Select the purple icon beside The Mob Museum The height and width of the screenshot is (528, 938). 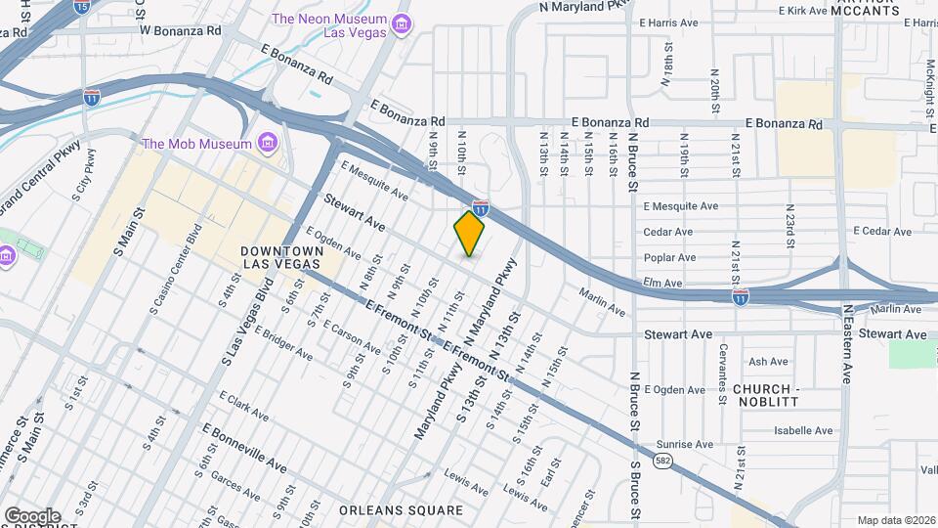[266, 145]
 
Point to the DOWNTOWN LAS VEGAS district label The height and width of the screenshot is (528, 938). [281, 258]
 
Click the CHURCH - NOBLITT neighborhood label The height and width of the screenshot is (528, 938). [766, 396]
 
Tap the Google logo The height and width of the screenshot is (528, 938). [32, 515]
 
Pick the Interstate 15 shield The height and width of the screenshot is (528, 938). [80, 7]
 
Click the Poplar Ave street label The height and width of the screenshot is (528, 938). [669, 258]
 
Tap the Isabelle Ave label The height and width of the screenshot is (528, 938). [803, 430]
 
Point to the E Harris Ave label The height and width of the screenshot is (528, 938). [669, 22]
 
